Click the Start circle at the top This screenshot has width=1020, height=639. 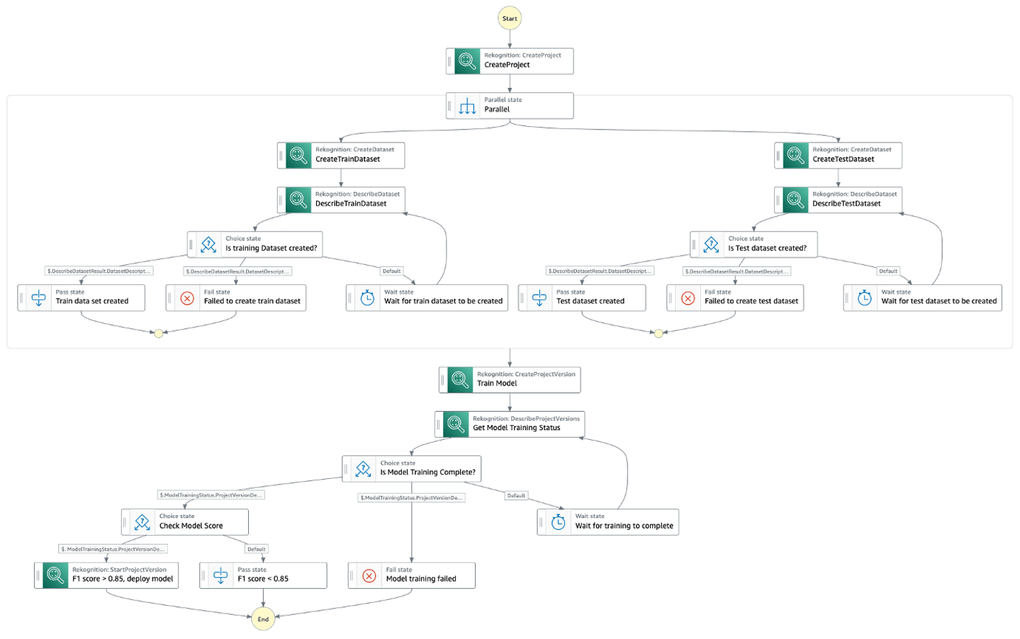click(x=509, y=18)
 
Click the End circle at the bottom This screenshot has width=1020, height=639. click(x=263, y=618)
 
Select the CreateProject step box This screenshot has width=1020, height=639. click(x=510, y=61)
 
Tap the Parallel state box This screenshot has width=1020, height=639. click(x=510, y=106)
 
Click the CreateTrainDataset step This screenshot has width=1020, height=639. click(x=341, y=155)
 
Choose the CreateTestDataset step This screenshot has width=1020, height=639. click(x=838, y=155)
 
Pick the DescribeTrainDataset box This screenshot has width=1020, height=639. click(x=341, y=200)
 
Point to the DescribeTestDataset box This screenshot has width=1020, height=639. click(x=838, y=200)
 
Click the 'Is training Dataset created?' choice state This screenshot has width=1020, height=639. click(x=255, y=244)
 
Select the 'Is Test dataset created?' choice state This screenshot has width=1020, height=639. click(x=753, y=244)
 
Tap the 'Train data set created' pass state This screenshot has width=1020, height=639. click(x=82, y=298)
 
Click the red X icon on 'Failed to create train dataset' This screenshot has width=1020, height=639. click(x=187, y=298)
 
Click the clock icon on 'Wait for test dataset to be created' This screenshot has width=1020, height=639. click(x=864, y=298)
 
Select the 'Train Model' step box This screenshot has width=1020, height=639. click(x=510, y=380)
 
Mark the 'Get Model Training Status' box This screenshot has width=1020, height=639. click(x=510, y=424)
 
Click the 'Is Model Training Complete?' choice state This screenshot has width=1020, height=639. click(x=412, y=469)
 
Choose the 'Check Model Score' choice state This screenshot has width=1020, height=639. click(x=185, y=522)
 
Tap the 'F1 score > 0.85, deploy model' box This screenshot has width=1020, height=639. click(x=106, y=575)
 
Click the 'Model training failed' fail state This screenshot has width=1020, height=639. click(x=412, y=575)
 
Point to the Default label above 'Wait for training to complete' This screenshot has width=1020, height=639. click(x=516, y=496)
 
